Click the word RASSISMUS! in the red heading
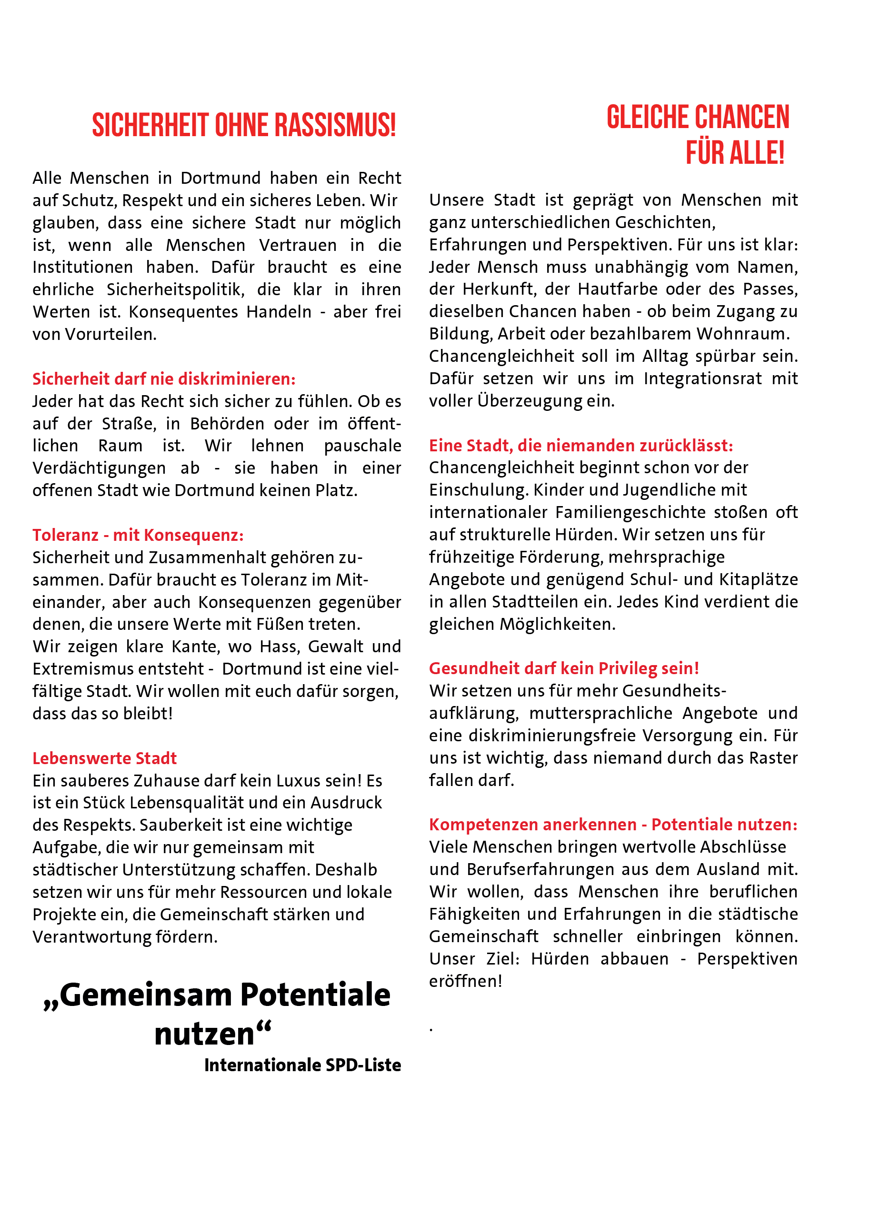335,126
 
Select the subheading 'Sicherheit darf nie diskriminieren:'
164,379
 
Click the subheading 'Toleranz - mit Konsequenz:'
138,535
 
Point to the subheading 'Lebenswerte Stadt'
104,758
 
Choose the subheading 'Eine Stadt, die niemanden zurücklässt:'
580,445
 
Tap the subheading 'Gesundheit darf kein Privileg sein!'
564,668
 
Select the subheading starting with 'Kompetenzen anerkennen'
613,825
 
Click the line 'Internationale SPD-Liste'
302,1065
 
